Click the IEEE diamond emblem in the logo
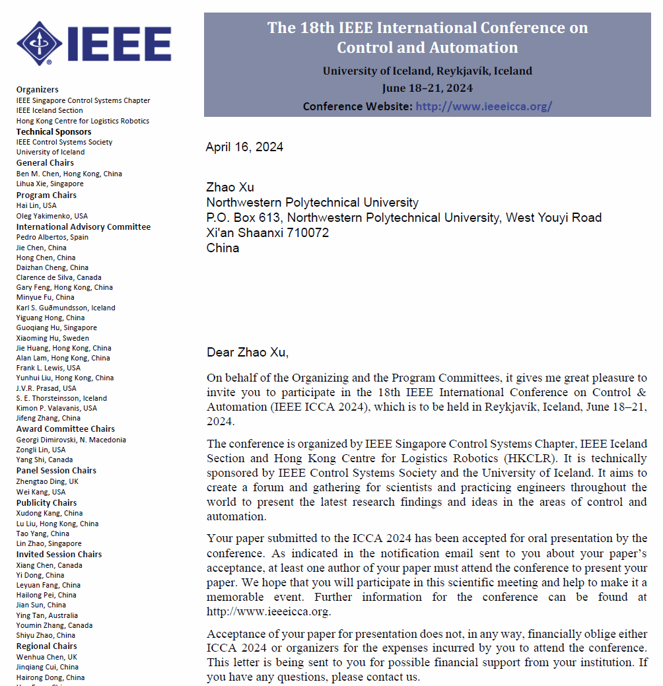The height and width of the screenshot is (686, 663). (x=40, y=43)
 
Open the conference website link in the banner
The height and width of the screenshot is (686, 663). (x=483, y=106)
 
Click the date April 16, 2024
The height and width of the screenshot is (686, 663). (x=244, y=147)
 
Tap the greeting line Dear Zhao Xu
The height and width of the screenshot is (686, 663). (x=248, y=352)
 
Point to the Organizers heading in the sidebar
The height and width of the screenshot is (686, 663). (x=37, y=90)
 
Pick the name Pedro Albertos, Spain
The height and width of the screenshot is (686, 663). (x=52, y=237)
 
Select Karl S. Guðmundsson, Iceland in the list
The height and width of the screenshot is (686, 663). (x=65, y=308)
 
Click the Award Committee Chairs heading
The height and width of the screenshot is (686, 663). (x=65, y=429)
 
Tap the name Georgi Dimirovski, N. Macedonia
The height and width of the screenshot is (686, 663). (x=71, y=440)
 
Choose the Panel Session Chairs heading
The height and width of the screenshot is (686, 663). (x=56, y=471)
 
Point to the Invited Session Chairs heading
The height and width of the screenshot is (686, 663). (x=59, y=555)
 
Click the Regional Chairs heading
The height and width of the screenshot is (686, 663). (x=46, y=646)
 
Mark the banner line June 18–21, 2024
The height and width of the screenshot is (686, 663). (x=427, y=88)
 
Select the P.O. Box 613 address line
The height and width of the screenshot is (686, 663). (x=403, y=218)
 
